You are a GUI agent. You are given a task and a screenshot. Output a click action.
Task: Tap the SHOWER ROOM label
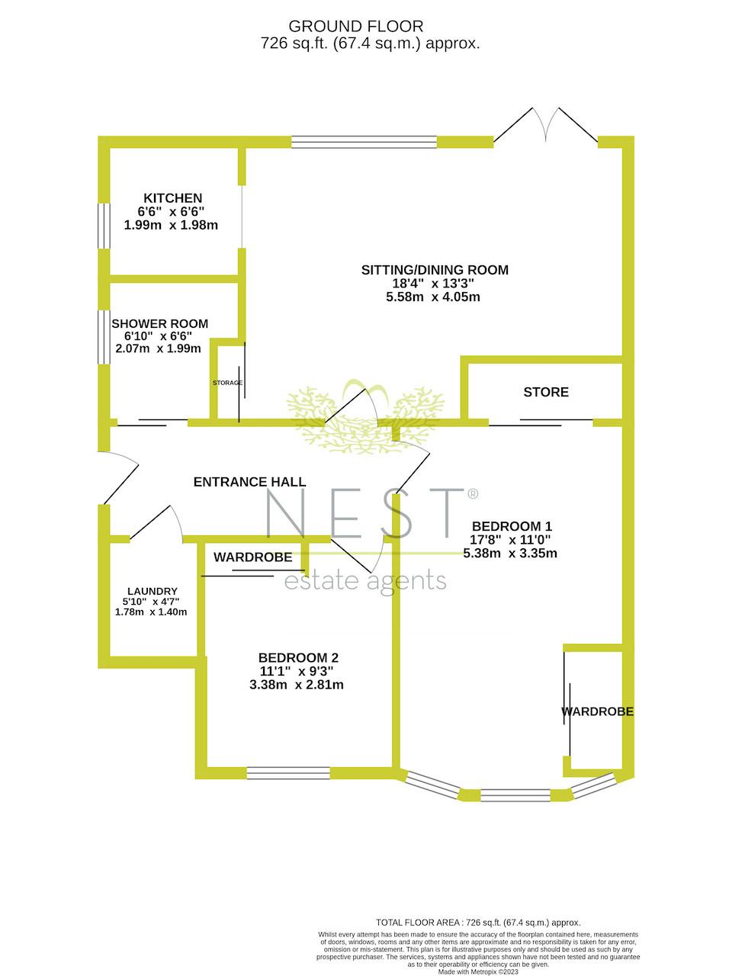pyautogui.click(x=159, y=324)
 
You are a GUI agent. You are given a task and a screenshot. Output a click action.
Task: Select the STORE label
pyautogui.click(x=546, y=392)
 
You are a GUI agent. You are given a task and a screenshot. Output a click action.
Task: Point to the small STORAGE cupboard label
pyautogui.click(x=227, y=383)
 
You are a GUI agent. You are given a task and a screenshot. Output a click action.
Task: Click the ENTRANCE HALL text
pyautogui.click(x=249, y=482)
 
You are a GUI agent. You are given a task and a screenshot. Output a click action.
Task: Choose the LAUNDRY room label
pyautogui.click(x=152, y=591)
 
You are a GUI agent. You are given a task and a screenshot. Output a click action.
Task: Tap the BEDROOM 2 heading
pyautogui.click(x=298, y=657)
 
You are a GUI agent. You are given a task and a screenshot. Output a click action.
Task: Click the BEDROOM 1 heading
pyautogui.click(x=512, y=526)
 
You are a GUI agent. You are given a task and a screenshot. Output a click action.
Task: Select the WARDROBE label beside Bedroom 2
pyautogui.click(x=252, y=557)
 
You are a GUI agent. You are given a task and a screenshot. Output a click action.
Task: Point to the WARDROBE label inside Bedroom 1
pyautogui.click(x=597, y=711)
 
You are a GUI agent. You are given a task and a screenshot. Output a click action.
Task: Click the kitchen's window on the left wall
pyautogui.click(x=104, y=226)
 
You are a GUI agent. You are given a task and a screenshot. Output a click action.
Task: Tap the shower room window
pyautogui.click(x=104, y=337)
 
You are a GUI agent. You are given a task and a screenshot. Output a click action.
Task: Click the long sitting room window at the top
pyautogui.click(x=364, y=142)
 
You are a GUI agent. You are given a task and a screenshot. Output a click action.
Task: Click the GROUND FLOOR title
pyautogui.click(x=355, y=27)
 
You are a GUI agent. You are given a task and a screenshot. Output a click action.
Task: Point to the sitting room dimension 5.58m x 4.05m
pyautogui.click(x=433, y=297)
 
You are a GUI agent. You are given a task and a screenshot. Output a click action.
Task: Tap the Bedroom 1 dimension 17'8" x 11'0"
pyautogui.click(x=510, y=540)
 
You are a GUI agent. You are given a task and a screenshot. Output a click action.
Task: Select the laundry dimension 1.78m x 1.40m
pyautogui.click(x=151, y=612)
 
